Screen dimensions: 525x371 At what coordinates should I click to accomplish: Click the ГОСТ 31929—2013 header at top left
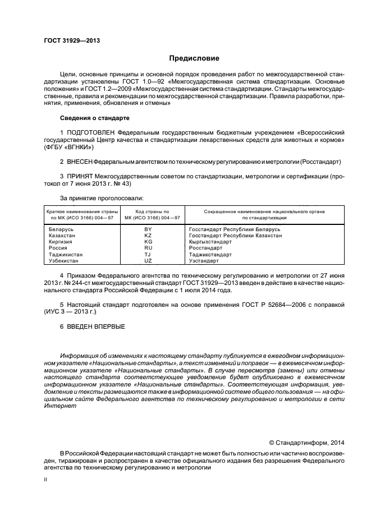(x=68, y=42)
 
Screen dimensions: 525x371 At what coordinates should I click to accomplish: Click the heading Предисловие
(x=194, y=58)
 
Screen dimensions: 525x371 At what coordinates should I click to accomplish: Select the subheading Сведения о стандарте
(x=94, y=119)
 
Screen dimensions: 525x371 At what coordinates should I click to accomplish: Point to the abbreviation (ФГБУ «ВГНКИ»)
(x=68, y=147)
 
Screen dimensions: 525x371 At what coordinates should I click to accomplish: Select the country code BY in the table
(x=148, y=229)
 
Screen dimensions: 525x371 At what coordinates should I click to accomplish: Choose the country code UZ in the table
(x=148, y=261)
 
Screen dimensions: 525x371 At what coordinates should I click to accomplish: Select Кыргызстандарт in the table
(x=210, y=242)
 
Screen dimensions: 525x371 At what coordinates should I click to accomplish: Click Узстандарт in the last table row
(x=204, y=261)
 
